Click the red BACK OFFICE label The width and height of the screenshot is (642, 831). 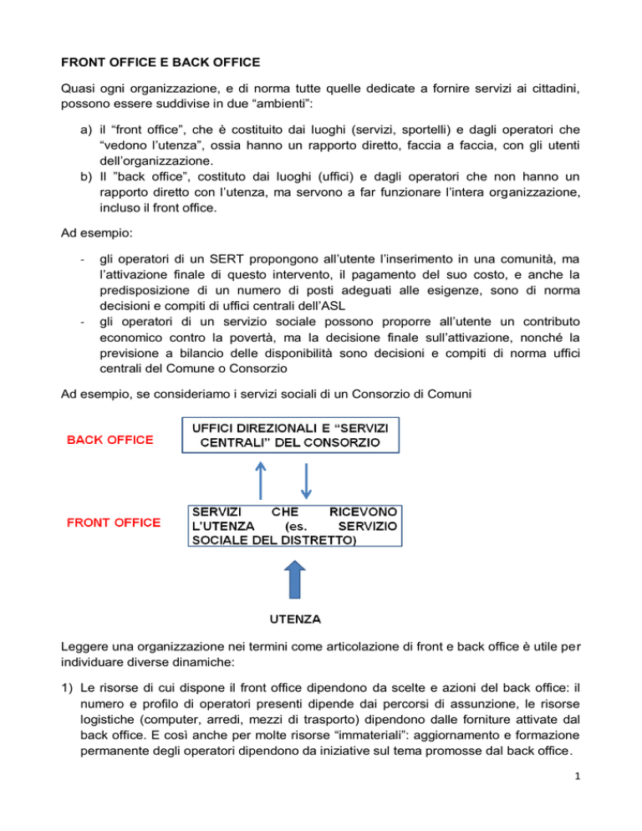click(110, 441)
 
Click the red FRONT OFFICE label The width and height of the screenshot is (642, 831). click(115, 523)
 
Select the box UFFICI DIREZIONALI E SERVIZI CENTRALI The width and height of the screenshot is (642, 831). click(292, 434)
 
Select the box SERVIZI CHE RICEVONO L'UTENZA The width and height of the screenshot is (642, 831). click(292, 524)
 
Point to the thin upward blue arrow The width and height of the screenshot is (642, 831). click(259, 480)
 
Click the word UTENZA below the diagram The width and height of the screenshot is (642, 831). click(293, 621)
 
